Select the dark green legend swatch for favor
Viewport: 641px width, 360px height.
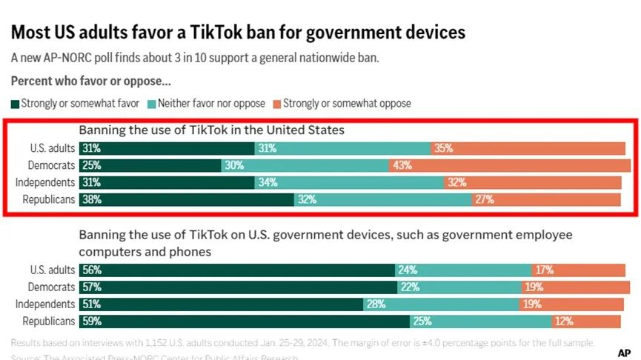pyautogui.click(x=16, y=104)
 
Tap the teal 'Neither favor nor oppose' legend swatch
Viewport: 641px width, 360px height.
pyautogui.click(x=152, y=104)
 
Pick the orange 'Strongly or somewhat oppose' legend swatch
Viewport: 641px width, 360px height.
pyautogui.click(x=277, y=104)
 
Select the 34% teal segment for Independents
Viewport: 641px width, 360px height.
pyautogui.click(x=349, y=182)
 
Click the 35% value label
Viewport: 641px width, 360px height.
pyautogui.click(x=443, y=148)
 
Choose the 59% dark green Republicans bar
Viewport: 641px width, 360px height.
pyautogui.click(x=245, y=321)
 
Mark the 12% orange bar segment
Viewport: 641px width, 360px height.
pyautogui.click(x=585, y=321)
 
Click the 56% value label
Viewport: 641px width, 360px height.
pyautogui.click(x=92, y=270)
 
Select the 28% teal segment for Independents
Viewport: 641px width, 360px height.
pyautogui.click(x=441, y=304)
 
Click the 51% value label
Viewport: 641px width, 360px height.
pyautogui.click(x=92, y=304)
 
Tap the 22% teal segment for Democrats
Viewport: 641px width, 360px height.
pyautogui.click(x=458, y=287)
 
